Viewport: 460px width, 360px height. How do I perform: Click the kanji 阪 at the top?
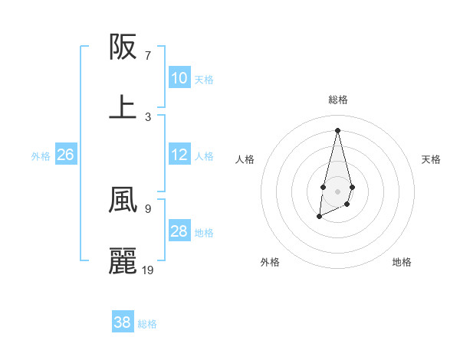point(123,47)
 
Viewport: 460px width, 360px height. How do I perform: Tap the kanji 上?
point(123,107)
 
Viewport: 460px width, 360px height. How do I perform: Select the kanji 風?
point(123,200)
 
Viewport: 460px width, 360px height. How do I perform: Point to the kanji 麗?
point(123,260)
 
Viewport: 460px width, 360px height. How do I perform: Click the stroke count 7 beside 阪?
point(148,56)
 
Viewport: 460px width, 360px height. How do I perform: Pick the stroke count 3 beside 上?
point(148,116)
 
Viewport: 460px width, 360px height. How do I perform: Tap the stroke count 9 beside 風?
point(148,208)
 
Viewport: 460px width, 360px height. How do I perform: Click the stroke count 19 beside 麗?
point(149,270)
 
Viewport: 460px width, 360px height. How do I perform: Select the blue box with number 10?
point(179,78)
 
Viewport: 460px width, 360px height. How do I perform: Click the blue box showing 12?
point(179,155)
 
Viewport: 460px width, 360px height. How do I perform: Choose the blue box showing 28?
point(179,231)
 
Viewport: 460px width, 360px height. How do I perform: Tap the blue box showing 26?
point(65,155)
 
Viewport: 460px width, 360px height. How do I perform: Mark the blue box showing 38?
point(123,322)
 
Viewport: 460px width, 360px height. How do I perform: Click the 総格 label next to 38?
point(148,324)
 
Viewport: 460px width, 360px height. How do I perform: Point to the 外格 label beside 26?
point(41,156)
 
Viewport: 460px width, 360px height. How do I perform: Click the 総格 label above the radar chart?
point(338,100)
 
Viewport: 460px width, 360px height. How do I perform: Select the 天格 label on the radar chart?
point(432,159)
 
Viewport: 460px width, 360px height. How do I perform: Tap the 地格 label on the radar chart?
point(402,262)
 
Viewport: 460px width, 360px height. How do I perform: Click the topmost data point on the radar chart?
point(337,129)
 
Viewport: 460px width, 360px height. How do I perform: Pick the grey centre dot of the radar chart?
point(337,190)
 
